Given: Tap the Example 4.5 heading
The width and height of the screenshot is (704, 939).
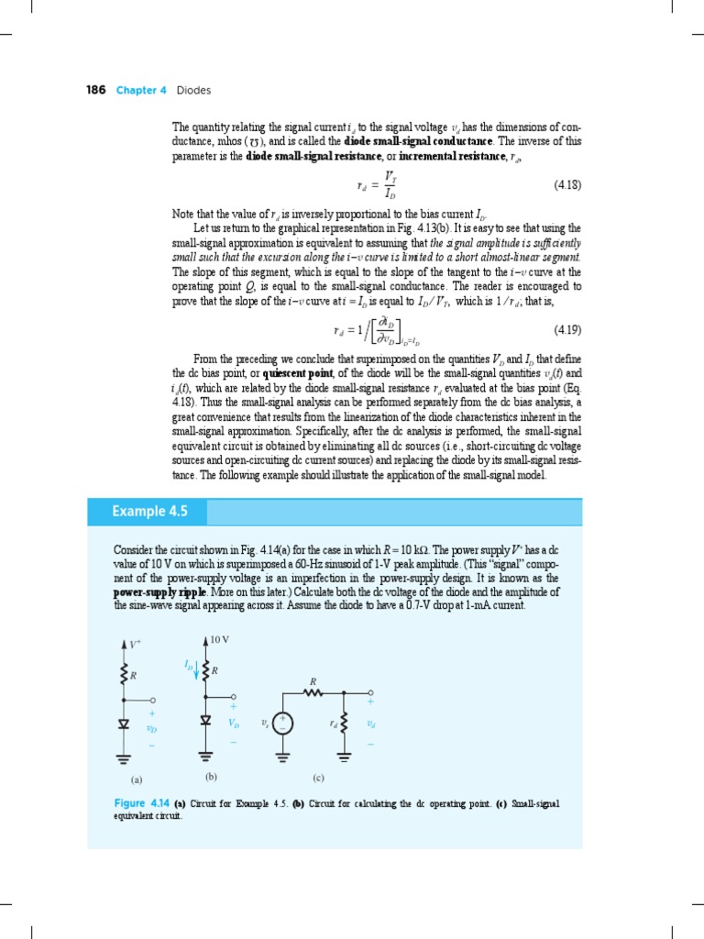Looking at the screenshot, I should pyautogui.click(x=145, y=511).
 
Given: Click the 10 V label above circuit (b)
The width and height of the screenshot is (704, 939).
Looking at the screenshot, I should pyautogui.click(x=218, y=638).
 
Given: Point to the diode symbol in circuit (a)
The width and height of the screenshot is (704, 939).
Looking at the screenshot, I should pyautogui.click(x=123, y=723).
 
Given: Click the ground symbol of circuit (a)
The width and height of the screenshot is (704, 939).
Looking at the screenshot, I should pyautogui.click(x=123, y=757).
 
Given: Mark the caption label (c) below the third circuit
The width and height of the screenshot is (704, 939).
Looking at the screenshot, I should pyautogui.click(x=318, y=779).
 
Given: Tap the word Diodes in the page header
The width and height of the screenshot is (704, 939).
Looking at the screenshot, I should pyautogui.click(x=193, y=90).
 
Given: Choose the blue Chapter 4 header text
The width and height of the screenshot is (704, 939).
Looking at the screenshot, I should pyautogui.click(x=141, y=90).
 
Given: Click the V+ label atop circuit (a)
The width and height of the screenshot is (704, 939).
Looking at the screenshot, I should pyautogui.click(x=135, y=645).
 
